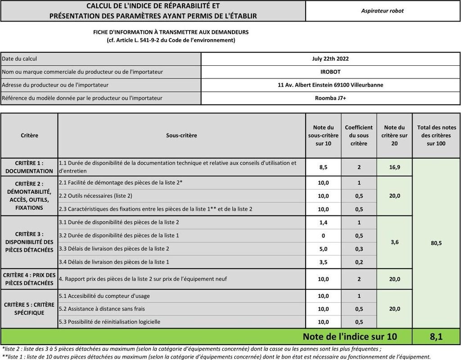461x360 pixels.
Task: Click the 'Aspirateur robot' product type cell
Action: click(382, 11)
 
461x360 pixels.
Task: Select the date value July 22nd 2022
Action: click(330, 59)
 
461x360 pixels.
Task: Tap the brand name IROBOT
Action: click(330, 72)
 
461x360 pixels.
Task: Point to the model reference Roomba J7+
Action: click(330, 98)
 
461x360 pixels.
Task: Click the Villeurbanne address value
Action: click(330, 85)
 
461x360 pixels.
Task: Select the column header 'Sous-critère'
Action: click(181, 135)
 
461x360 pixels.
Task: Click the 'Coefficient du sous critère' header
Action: click(359, 135)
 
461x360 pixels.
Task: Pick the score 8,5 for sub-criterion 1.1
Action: click(323, 167)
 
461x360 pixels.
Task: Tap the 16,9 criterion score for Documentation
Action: click(394, 167)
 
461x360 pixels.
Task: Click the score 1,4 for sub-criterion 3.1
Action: click(323, 223)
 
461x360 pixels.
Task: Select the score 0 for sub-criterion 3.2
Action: click(323, 236)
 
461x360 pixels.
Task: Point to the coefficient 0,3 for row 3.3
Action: click(359, 249)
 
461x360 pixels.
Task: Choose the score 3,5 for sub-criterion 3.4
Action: click(323, 262)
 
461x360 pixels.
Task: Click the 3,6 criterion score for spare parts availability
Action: click(394, 242)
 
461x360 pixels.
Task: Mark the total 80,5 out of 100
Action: click(436, 243)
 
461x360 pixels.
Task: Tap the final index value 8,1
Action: click(436, 337)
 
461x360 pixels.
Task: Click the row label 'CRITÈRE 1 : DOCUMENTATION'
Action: click(29, 167)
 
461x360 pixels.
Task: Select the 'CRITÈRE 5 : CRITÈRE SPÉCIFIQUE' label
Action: click(29, 309)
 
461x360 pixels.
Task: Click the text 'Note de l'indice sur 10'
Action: click(350, 337)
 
